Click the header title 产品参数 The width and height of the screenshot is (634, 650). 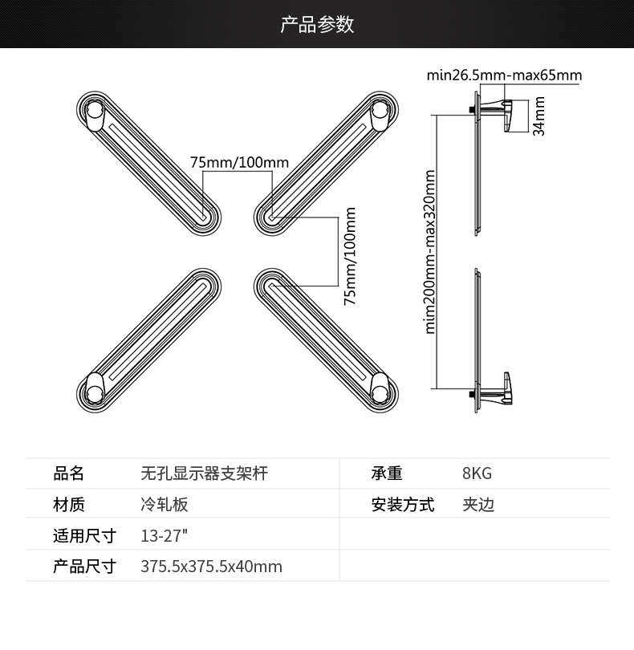pos(317,24)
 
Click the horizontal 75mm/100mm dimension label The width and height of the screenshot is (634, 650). pos(239,163)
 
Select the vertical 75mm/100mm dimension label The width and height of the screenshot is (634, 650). pos(350,256)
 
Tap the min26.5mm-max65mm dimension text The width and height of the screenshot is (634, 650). pos(504,76)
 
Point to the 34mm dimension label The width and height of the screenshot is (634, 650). pos(539,116)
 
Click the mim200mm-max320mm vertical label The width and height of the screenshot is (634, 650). pos(430,251)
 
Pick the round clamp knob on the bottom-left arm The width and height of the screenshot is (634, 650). pos(93,388)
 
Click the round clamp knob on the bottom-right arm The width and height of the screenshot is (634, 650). pos(381,388)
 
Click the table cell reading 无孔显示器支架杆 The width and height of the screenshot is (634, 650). pos(204,473)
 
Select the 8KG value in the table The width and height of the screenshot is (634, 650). pos(477,473)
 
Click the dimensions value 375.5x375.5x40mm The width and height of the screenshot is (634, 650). pos(211,567)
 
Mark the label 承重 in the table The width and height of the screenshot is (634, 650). pos(387,473)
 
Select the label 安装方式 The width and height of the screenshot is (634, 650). pos(402,505)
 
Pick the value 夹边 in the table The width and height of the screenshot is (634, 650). pos(478,505)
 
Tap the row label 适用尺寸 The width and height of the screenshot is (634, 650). pos(84,536)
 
